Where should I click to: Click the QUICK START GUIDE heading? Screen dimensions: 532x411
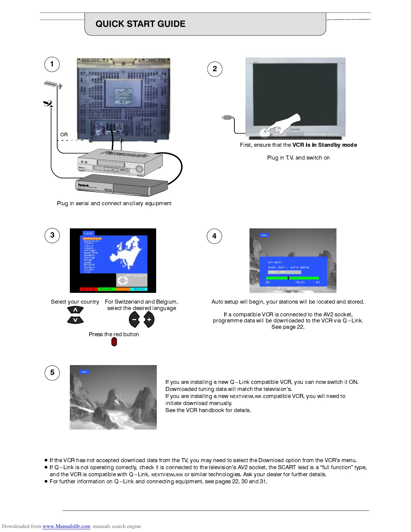(x=140, y=24)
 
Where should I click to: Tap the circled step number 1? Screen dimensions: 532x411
(x=52, y=64)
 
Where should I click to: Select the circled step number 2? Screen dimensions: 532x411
(x=215, y=69)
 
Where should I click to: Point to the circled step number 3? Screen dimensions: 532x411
(x=52, y=235)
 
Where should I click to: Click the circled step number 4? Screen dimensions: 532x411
(x=215, y=236)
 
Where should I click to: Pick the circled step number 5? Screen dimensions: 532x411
(x=52, y=372)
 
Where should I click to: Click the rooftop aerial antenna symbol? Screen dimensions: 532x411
(x=53, y=85)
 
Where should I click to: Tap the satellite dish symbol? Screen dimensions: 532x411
(x=48, y=103)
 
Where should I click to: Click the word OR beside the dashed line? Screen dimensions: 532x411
(x=64, y=135)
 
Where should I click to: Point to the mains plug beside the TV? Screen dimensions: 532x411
(x=227, y=118)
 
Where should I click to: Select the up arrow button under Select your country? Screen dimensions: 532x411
(x=75, y=310)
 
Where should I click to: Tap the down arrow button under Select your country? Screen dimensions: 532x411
(x=75, y=320)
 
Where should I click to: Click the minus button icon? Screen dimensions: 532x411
(x=134, y=320)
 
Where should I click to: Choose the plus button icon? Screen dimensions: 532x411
(x=149, y=320)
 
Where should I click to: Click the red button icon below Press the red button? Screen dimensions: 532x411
(x=114, y=342)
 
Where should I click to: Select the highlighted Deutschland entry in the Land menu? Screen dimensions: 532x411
(x=92, y=238)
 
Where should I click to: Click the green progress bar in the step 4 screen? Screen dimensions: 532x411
(x=292, y=278)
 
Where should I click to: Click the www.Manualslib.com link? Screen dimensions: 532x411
(x=66, y=526)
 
